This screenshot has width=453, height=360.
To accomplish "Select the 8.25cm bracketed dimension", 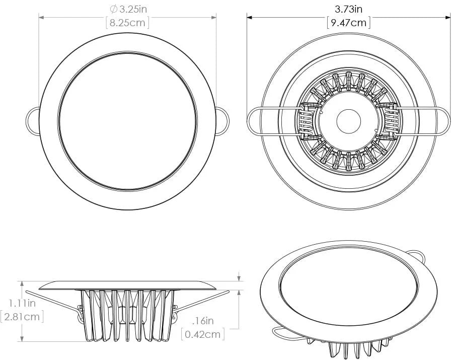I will [x=127, y=23].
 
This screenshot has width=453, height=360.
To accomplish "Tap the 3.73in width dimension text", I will [x=349, y=9].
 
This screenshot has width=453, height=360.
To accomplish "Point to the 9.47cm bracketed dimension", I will [x=348, y=22].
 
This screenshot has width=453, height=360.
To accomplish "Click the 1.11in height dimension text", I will [x=22, y=303].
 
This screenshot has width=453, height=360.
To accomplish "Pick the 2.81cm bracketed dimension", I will [x=22, y=317].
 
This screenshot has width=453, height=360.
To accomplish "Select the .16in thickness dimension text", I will [x=203, y=320].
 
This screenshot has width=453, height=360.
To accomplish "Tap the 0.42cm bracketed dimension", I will [x=203, y=334].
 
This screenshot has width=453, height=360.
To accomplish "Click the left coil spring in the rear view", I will [x=307, y=121].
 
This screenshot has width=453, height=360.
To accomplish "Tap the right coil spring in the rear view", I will [x=389, y=121].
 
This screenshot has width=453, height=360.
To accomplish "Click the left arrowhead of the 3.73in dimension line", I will [x=249, y=17].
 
